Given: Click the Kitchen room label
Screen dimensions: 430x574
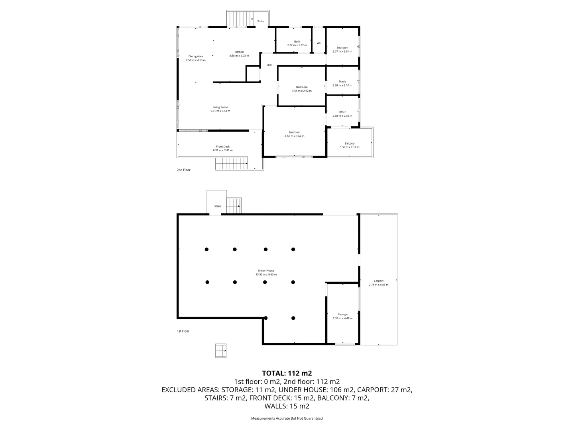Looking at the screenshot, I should (239, 52).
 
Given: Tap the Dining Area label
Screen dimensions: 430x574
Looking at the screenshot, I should (196, 57).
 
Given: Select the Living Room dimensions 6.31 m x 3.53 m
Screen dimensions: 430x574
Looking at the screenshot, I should (220, 111).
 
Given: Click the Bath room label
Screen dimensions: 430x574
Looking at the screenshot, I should (297, 41).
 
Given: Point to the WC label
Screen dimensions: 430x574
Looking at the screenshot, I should (318, 43).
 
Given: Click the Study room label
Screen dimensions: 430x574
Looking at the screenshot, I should (342, 82).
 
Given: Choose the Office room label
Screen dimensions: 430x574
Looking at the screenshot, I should (342, 112).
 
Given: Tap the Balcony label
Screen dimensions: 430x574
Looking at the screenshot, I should (349, 144).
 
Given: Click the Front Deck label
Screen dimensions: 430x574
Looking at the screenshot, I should (223, 147).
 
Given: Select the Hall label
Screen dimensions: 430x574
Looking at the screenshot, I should (269, 65).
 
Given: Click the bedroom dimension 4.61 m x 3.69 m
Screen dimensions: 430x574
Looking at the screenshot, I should (294, 136).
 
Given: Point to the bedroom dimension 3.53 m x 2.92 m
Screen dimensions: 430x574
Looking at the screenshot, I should (302, 91).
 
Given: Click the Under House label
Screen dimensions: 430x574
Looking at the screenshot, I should (266, 271).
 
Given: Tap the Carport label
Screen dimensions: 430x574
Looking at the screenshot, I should (378, 281).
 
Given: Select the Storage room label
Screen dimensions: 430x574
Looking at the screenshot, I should (342, 315).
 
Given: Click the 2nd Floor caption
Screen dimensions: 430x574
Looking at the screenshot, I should (184, 170).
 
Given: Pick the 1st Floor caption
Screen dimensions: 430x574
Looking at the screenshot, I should (183, 331).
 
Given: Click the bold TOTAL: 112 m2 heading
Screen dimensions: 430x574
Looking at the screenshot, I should (287, 373).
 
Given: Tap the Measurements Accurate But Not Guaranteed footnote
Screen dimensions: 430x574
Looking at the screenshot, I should (287, 418).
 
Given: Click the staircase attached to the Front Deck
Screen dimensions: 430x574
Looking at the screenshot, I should (231, 164).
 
